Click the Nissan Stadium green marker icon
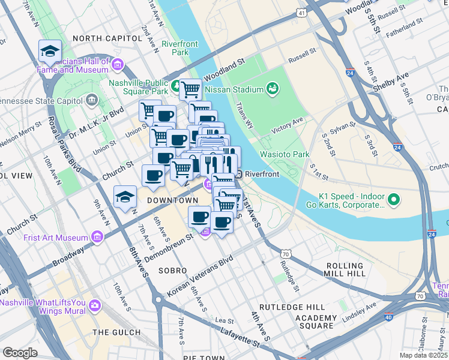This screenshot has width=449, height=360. click(x=273, y=89)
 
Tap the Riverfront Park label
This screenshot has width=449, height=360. click(x=175, y=48)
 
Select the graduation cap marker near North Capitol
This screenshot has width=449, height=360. click(x=50, y=52)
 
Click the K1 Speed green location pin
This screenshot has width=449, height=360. click(x=394, y=199)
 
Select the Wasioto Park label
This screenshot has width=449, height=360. click(x=285, y=154)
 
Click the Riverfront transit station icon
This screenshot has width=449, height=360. click(x=238, y=174)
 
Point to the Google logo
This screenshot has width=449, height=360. click(x=20, y=352)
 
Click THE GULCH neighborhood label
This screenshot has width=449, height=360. click(x=117, y=332)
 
